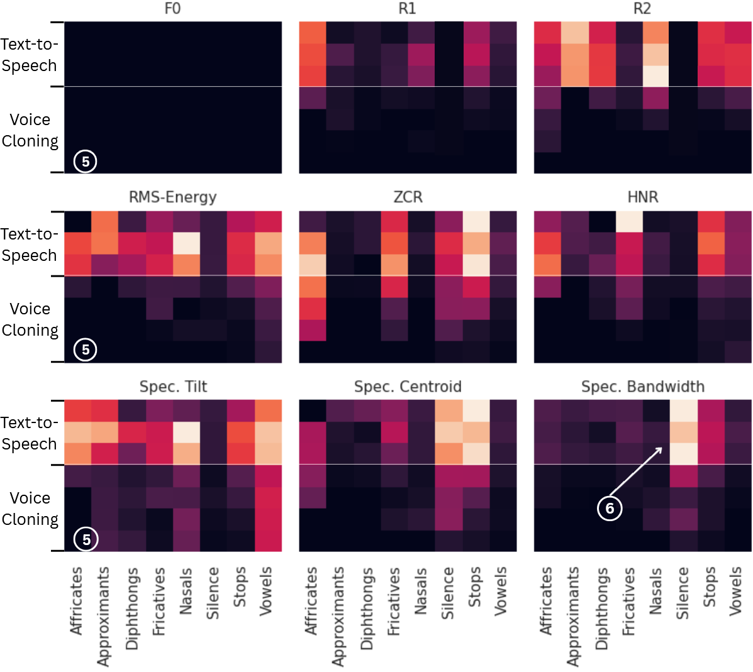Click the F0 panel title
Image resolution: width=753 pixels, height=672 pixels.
[x=172, y=9]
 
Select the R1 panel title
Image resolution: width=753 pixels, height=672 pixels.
[x=408, y=9]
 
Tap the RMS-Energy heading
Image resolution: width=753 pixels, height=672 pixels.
[x=172, y=197]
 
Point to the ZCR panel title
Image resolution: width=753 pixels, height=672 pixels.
[x=408, y=197]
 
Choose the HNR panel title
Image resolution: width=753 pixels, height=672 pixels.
[x=642, y=197]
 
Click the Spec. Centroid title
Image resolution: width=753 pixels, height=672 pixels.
[x=408, y=387]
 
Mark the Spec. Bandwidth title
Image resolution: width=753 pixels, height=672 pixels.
[x=642, y=387]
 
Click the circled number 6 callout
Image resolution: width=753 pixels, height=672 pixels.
[x=610, y=508]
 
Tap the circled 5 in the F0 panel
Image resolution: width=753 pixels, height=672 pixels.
[x=86, y=162]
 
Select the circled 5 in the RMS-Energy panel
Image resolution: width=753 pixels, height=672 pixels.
[x=86, y=350]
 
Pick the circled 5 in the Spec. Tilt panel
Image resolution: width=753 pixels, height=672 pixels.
[x=86, y=539]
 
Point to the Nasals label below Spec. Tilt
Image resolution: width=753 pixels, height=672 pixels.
[x=186, y=591]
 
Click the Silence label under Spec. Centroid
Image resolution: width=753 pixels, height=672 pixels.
[x=447, y=593]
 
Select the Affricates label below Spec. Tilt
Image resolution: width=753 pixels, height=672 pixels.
[x=76, y=601]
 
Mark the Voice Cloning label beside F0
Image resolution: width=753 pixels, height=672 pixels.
[x=30, y=130]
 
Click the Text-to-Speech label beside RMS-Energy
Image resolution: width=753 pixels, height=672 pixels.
[x=29, y=245]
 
